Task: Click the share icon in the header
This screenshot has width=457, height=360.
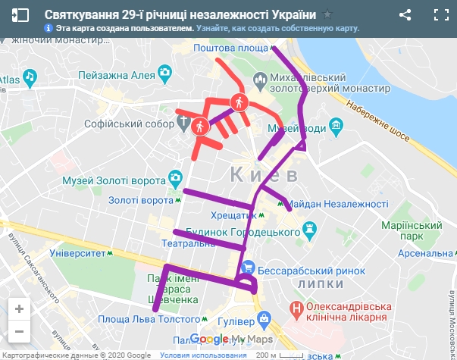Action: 405,14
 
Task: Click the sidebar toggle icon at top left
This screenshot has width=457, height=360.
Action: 20,14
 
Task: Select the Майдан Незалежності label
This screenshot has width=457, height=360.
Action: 338,204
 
